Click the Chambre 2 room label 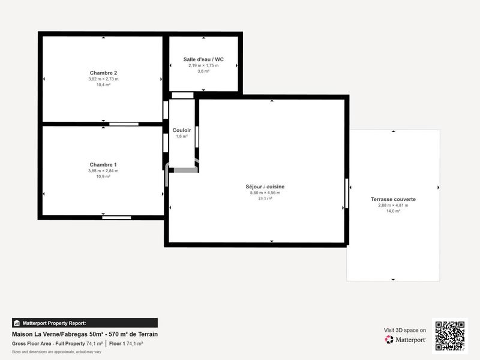103,73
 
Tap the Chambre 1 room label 103,164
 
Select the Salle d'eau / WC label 203,59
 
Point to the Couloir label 182,130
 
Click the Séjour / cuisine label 265,187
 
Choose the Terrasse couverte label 393,199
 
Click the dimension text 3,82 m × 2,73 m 103,79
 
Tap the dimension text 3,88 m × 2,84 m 103,171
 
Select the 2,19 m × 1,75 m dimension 203,65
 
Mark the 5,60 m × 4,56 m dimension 265,193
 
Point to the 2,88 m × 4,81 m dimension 393,205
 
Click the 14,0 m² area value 393,211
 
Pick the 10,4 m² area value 103,85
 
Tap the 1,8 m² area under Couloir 182,136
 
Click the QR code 451,335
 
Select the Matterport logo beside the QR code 405,340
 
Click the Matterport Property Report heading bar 85,323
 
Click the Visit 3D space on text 405,330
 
